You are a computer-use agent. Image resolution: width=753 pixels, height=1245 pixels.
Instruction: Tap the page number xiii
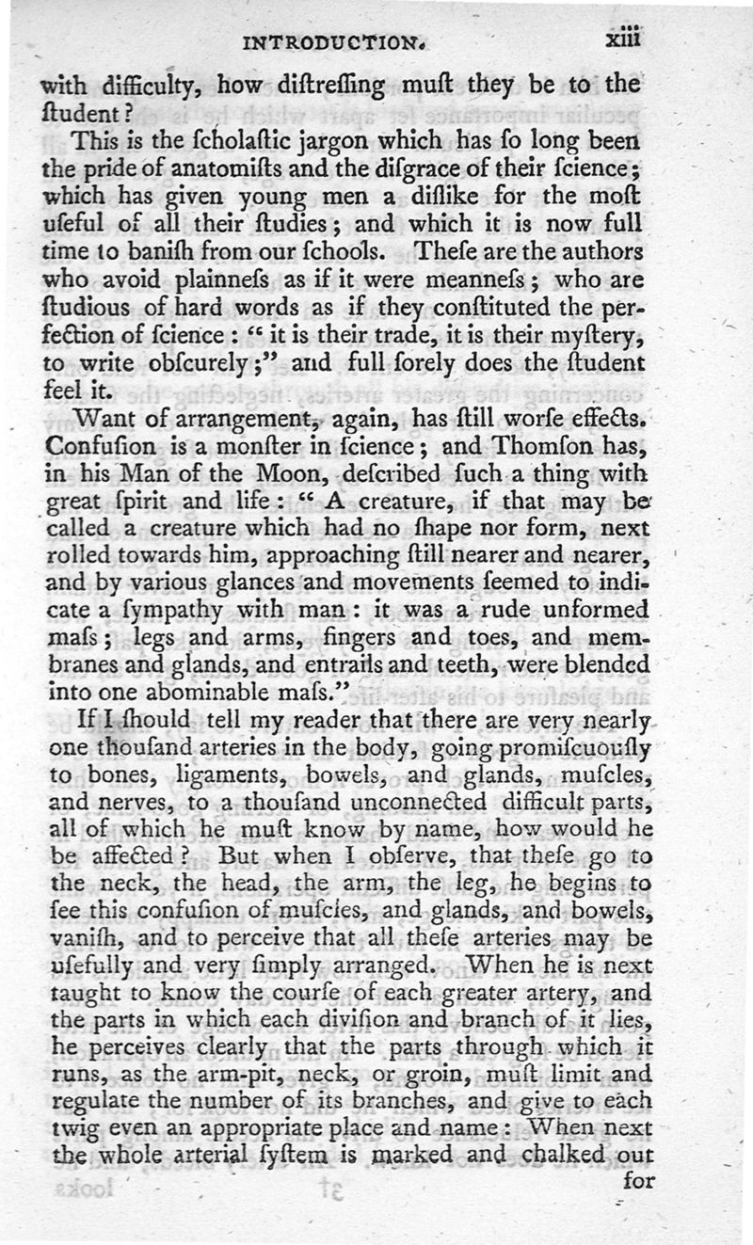pyautogui.click(x=623, y=40)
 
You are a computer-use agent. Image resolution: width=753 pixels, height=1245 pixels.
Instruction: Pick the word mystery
pyautogui.click(x=595, y=335)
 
